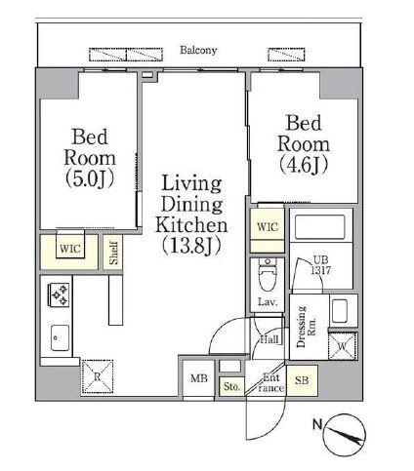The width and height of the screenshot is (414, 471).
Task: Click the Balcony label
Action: click(x=198, y=50)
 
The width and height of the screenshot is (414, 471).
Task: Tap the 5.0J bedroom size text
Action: click(x=90, y=179)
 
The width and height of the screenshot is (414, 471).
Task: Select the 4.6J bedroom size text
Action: click(x=304, y=165)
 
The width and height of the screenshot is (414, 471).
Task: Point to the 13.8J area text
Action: click(x=191, y=245)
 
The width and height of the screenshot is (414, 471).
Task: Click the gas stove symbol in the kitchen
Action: click(x=59, y=294)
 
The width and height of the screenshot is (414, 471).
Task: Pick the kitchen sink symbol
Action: click(x=60, y=337)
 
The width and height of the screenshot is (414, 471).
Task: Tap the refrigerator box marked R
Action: click(x=98, y=377)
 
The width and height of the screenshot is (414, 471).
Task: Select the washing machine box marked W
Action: click(x=343, y=346)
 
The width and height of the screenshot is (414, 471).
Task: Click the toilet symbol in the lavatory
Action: click(x=268, y=274)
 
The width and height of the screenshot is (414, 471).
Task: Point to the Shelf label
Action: click(x=113, y=253)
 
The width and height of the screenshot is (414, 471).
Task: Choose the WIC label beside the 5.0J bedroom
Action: click(x=70, y=249)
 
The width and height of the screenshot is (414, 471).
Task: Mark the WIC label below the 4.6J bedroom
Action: click(x=268, y=226)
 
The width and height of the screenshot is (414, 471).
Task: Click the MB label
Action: click(x=199, y=378)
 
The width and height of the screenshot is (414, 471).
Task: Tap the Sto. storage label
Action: click(x=231, y=386)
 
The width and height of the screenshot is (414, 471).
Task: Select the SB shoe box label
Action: click(x=302, y=380)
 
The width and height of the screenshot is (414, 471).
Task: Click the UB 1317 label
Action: click(x=320, y=265)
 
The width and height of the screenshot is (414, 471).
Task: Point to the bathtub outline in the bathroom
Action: click(x=319, y=227)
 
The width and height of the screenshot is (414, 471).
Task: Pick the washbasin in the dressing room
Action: click(x=340, y=311)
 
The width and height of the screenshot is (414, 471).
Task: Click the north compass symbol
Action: click(x=345, y=435)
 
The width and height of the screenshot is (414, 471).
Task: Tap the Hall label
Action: click(x=269, y=339)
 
